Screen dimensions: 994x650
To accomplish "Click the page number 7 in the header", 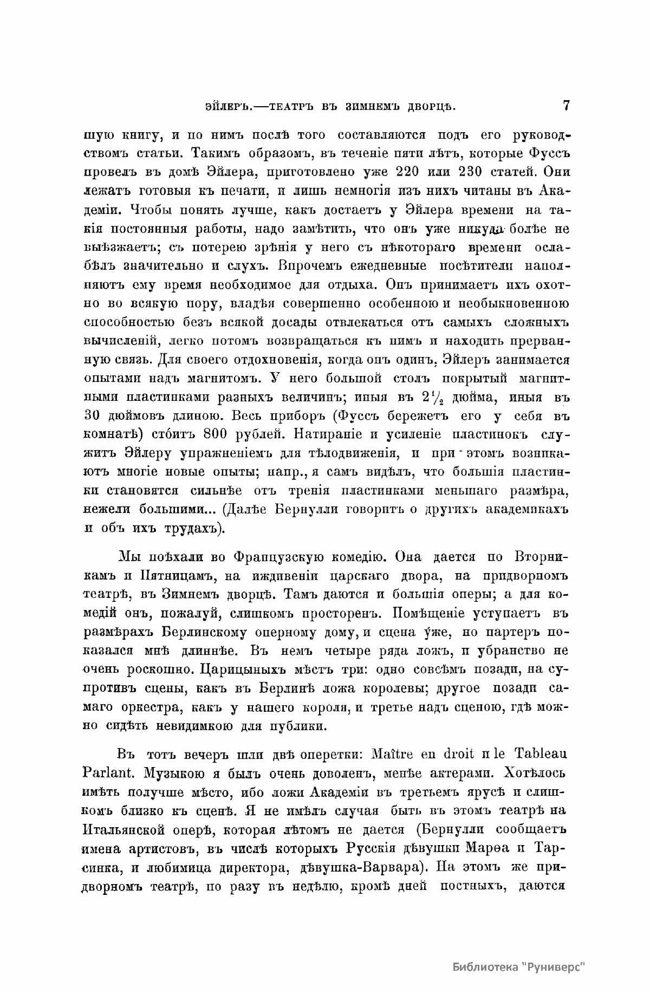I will click(x=566, y=105).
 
